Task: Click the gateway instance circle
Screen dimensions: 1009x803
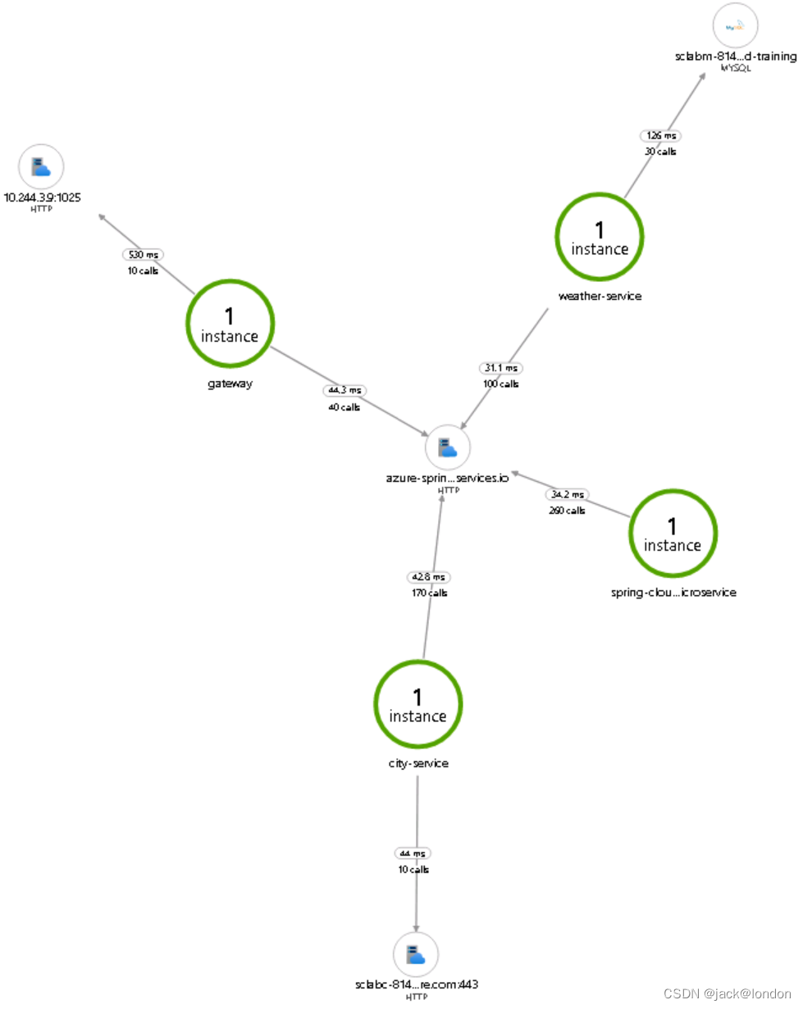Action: coord(230,325)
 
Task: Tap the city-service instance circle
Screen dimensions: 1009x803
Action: coord(417,706)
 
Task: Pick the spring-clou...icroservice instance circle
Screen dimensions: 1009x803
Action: coord(673,534)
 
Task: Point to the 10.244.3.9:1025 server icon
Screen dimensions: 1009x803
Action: coord(41,167)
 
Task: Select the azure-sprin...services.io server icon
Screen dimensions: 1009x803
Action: coord(448,448)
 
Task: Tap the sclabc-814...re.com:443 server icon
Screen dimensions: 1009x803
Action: coord(416,954)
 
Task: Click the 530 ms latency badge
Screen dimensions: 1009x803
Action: coord(141,255)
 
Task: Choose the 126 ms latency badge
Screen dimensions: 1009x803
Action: coord(659,135)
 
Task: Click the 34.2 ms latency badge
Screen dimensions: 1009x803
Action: coord(567,494)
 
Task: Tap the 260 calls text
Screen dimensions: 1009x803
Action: coord(567,510)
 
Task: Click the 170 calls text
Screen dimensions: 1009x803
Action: coord(430,593)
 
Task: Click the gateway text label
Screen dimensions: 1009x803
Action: coord(230,384)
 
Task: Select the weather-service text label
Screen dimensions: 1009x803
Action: coord(599,296)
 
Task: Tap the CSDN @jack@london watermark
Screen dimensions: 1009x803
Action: coord(727,993)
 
